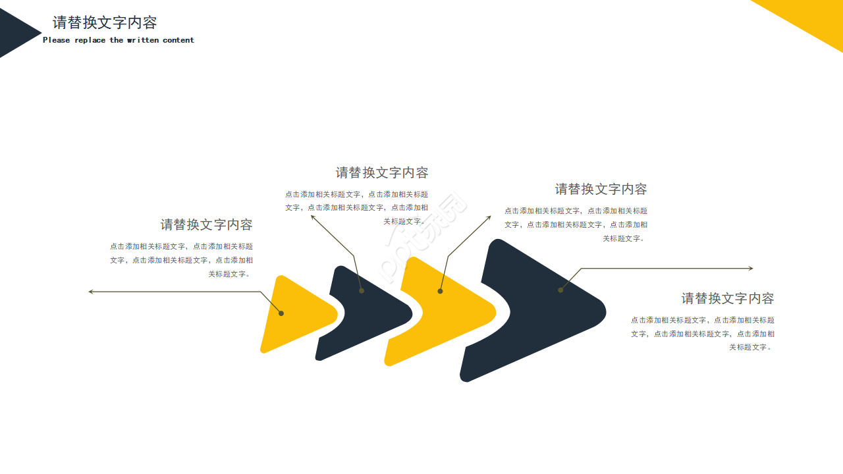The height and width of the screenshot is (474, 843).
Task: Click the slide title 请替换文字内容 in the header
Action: [x=105, y=22]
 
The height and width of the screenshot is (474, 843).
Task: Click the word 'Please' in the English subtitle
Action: [x=56, y=40]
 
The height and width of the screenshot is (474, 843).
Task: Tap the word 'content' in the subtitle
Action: [x=178, y=40]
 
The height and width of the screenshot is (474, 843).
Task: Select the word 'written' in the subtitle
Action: [x=143, y=40]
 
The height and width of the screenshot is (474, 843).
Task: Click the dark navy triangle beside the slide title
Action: [x=17, y=33]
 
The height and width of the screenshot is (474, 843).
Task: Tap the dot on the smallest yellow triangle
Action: [x=281, y=313]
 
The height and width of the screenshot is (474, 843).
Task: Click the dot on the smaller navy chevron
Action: [x=362, y=291]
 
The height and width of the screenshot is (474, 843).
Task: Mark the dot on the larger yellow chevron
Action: [x=440, y=291]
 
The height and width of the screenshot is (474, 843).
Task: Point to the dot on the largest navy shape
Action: [x=560, y=290]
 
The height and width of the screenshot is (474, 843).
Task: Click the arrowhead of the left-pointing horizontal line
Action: [x=90, y=292]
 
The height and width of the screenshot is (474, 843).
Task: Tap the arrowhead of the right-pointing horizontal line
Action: [x=751, y=268]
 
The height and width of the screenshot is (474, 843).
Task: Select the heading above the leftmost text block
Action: [x=206, y=224]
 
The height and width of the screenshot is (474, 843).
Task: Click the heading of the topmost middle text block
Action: [x=381, y=172]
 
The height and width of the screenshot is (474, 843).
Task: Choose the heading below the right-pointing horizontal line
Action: [x=728, y=298]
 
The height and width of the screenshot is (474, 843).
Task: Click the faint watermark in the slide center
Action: [x=421, y=237]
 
